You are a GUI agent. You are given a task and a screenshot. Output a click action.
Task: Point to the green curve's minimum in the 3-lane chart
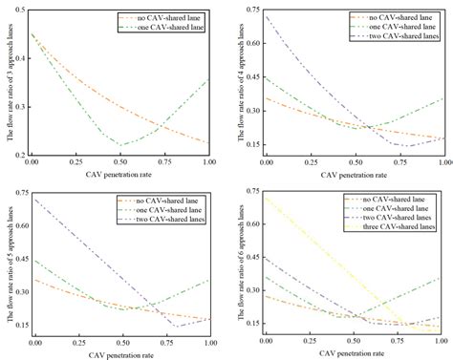[120, 144]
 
